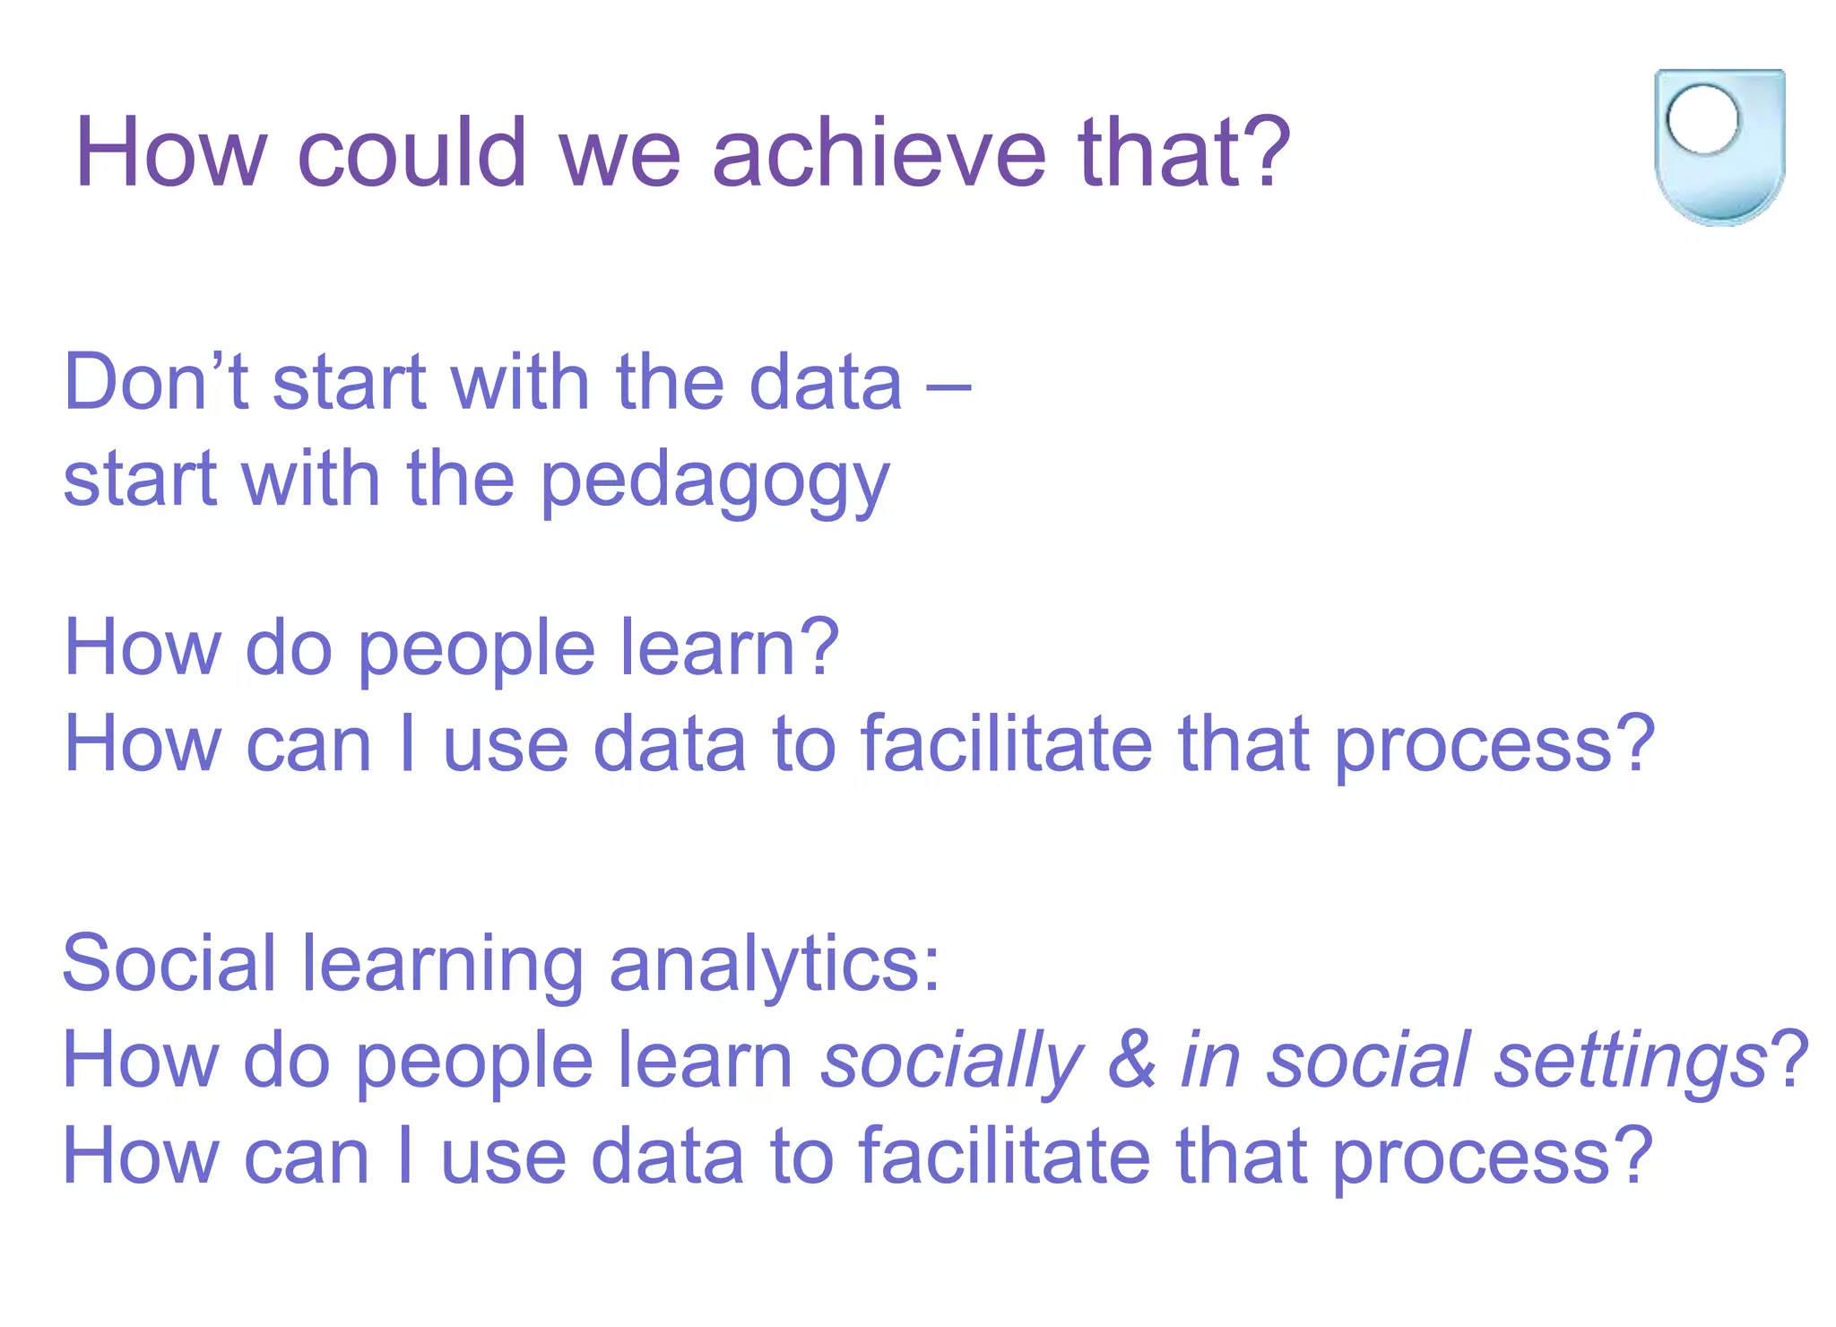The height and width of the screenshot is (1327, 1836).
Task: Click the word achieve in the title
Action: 879,152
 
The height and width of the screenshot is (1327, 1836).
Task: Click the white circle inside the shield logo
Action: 1702,119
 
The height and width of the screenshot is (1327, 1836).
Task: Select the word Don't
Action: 156,383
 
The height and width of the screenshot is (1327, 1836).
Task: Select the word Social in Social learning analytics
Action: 169,964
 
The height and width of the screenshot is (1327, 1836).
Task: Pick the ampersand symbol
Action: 1132,1061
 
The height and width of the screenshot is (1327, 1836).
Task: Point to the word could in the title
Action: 411,152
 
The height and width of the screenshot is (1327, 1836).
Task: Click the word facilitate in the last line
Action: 1003,1157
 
